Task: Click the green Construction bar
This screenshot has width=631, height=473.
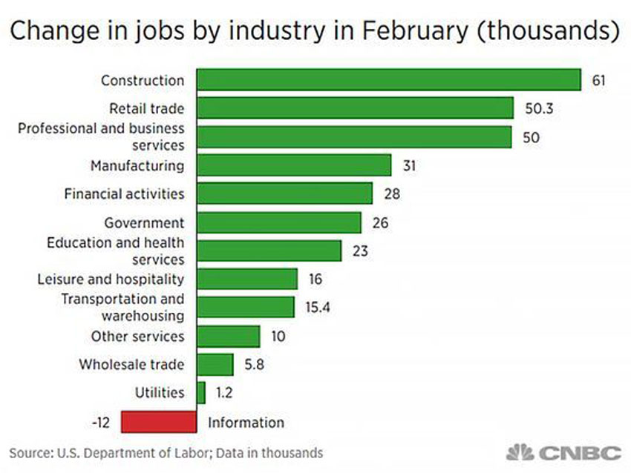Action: click(389, 79)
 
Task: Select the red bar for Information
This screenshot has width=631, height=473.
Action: click(159, 422)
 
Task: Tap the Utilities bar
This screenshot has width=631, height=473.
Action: click(201, 393)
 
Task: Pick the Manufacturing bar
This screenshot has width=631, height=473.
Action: click(294, 165)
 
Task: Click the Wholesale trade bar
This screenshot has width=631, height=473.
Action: click(215, 364)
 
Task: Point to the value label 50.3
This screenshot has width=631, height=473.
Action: click(537, 108)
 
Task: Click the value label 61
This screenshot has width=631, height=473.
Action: click(599, 79)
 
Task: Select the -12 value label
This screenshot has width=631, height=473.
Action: click(100, 422)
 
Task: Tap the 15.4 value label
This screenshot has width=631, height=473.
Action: click(318, 307)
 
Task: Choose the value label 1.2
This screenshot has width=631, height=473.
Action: click(224, 393)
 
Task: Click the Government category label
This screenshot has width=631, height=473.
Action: click(144, 222)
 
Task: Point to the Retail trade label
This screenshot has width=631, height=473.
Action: click(147, 108)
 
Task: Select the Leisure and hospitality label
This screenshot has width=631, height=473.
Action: click(111, 279)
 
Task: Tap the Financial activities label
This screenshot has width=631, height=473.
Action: click(124, 193)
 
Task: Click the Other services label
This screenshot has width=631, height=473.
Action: click(137, 336)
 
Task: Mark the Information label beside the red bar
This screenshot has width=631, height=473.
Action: click(246, 422)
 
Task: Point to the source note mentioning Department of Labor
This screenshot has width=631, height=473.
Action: click(166, 452)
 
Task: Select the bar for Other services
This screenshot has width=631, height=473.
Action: click(229, 336)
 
